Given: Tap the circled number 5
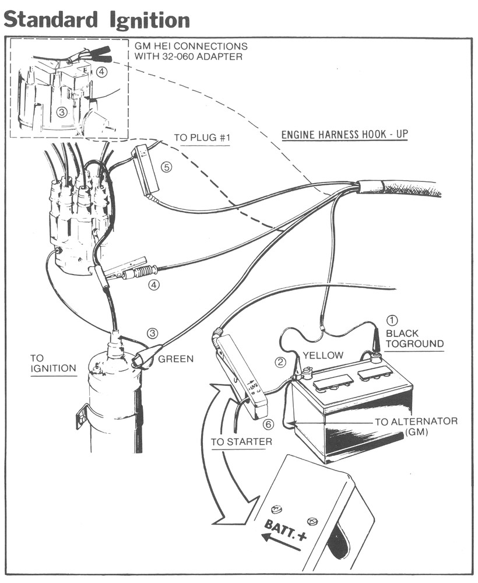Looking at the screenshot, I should point(166,167).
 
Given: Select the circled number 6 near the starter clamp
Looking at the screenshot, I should point(268,424).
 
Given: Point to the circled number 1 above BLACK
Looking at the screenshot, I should point(392,320).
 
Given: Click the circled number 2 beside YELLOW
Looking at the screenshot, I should point(280,362).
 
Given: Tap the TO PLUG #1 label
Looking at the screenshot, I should point(199,139).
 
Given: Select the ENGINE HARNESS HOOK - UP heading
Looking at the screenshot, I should point(345,135).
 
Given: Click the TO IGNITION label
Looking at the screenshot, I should point(53,363).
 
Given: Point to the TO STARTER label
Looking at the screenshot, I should point(241,442).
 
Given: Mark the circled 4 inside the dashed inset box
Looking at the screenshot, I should point(102,73).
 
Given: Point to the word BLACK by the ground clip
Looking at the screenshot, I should point(402,333).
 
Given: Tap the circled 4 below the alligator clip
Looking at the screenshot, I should point(154,286).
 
